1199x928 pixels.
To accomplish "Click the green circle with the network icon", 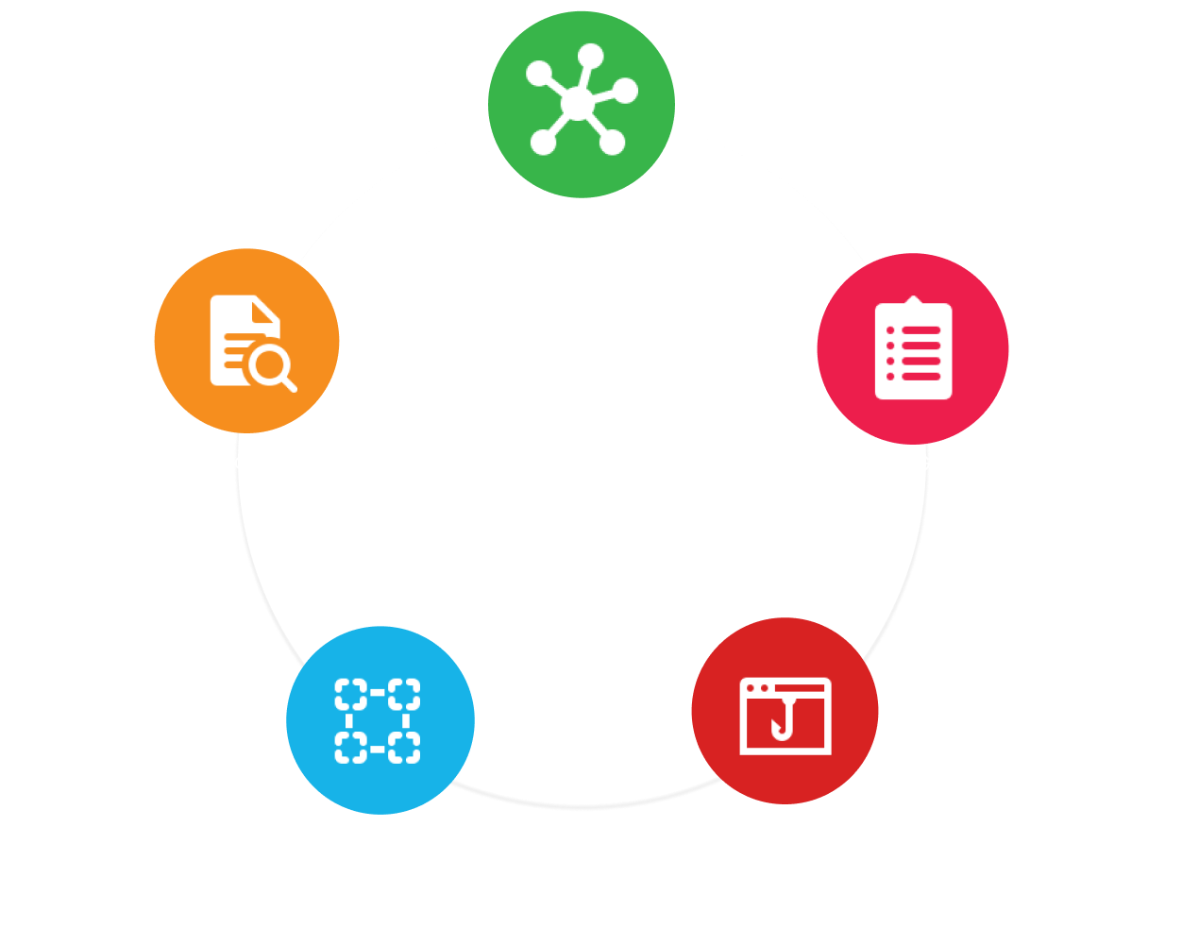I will click(581, 104).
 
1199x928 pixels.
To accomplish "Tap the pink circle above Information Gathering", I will click(913, 348).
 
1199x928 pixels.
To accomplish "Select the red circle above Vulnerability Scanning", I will click(785, 711).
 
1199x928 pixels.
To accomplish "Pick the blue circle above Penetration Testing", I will click(380, 719).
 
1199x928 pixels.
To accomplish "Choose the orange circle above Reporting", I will click(246, 341).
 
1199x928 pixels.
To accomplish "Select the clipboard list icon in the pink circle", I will click(913, 350).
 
